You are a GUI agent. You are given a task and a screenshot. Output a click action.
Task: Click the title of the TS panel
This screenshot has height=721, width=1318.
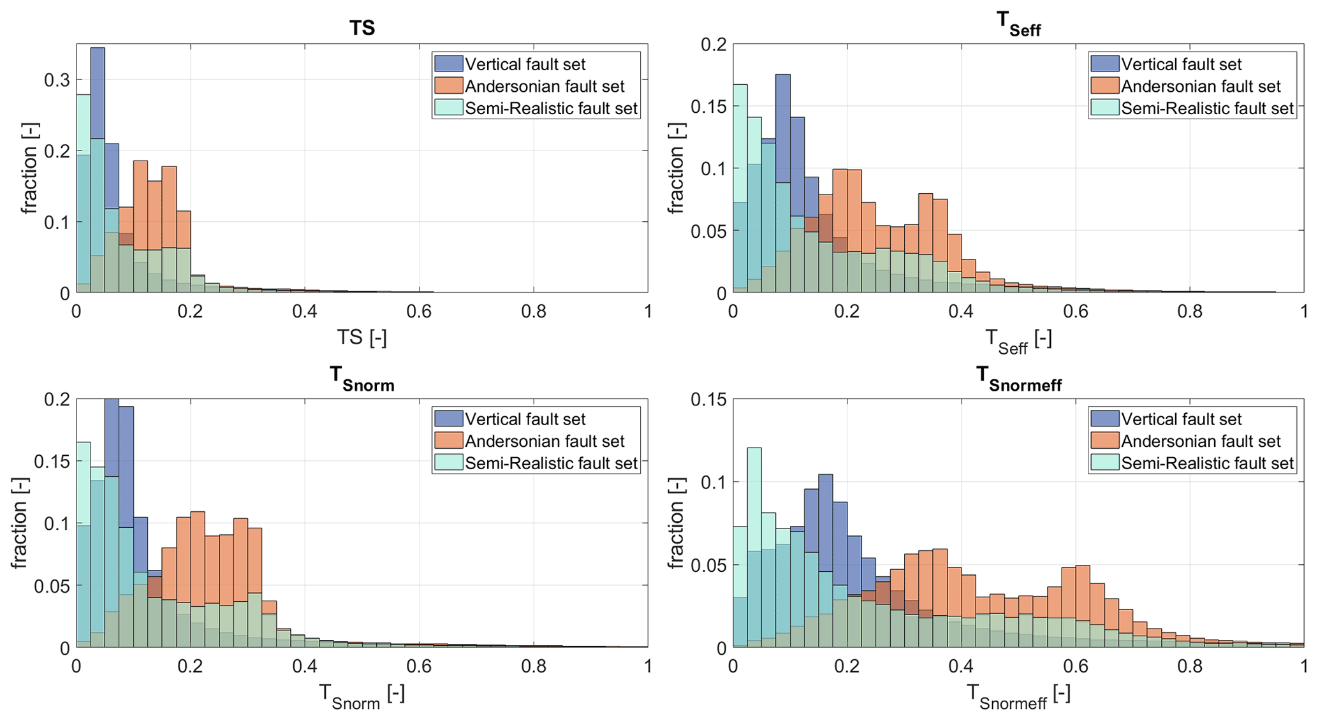(x=362, y=28)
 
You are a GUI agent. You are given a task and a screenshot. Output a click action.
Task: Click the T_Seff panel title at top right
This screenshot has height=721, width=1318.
(x=1018, y=25)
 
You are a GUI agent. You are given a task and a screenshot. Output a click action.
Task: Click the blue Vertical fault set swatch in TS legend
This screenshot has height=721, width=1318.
(x=448, y=64)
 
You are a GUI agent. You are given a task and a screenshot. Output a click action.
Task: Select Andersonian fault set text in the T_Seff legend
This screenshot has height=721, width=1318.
(x=1201, y=86)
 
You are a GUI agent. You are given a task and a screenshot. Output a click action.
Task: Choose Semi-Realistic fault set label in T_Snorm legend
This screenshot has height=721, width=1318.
(x=551, y=463)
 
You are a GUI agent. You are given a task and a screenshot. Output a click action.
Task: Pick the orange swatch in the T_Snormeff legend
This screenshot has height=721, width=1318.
(x=1104, y=441)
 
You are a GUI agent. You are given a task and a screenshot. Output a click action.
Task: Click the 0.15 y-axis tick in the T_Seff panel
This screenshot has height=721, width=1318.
(x=708, y=106)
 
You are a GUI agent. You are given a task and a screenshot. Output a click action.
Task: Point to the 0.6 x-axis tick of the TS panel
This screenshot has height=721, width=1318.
(x=419, y=311)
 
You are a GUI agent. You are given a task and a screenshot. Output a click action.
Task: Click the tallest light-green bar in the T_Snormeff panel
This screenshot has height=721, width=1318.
(x=754, y=542)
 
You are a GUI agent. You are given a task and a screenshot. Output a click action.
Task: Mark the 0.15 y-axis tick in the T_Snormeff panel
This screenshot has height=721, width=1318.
(x=708, y=400)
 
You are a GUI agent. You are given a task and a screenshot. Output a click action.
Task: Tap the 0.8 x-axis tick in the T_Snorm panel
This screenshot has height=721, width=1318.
(x=534, y=666)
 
